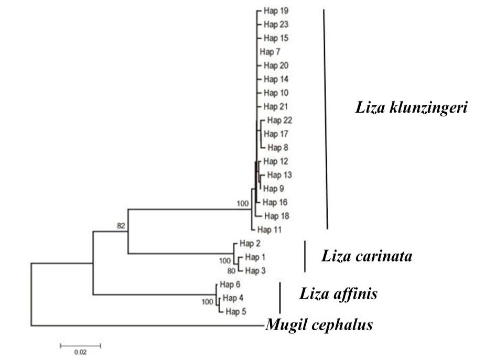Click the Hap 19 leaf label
coord(276,11)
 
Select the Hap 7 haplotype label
coord(270,52)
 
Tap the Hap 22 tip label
coord(279,121)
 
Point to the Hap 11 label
coord(270,230)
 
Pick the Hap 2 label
coord(250,244)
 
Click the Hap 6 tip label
coord(230,285)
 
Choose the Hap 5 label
coord(236,312)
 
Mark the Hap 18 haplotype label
coord(277,216)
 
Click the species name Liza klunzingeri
coord(411,108)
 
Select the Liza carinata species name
coord(367,256)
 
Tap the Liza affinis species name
coord(338,293)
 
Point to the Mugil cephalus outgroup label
coord(319,325)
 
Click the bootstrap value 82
coord(121,226)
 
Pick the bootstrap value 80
coord(231,271)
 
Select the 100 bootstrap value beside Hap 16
coord(243,203)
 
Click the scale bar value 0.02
coord(80,352)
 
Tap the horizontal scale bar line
coord(80,346)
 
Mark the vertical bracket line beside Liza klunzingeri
coord(326,119)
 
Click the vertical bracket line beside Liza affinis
coord(280,298)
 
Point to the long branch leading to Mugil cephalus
coord(148,325)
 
